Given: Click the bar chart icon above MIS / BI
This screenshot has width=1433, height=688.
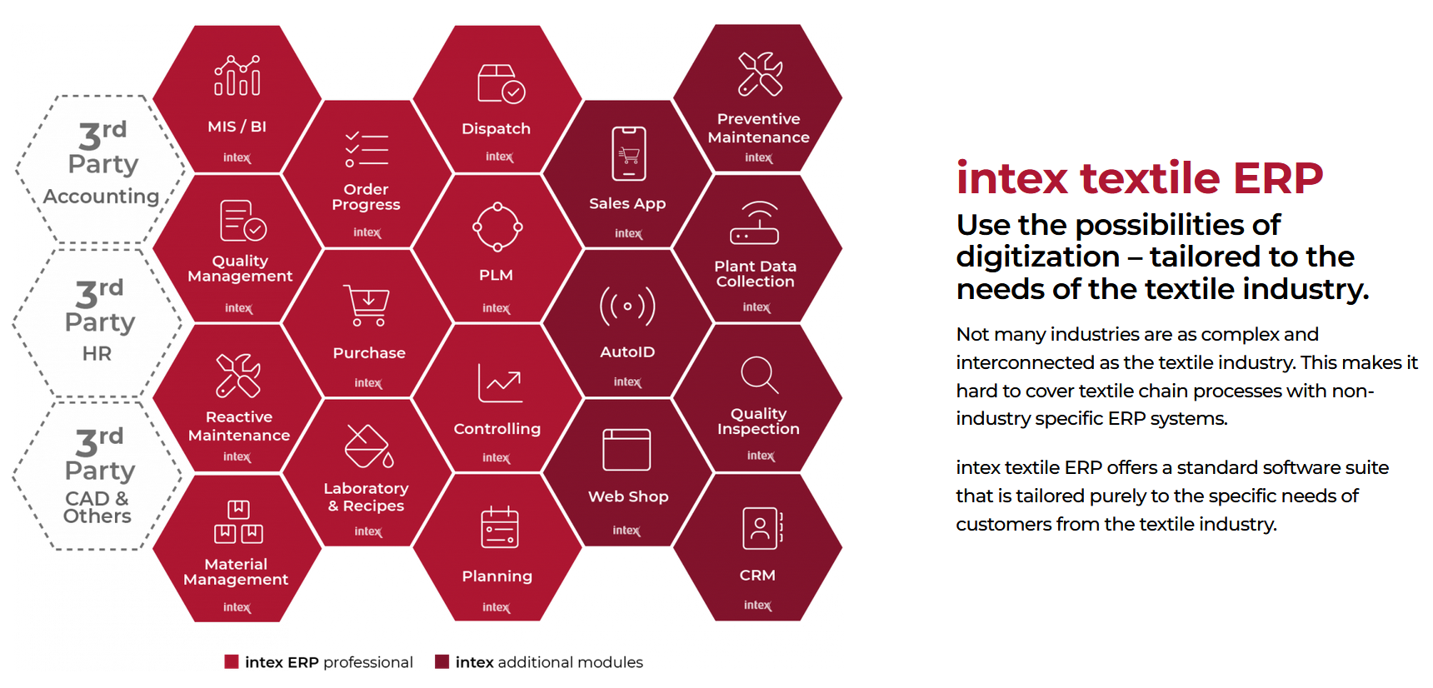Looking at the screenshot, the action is (237, 76).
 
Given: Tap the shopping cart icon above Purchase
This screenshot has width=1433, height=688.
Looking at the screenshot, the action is (368, 306).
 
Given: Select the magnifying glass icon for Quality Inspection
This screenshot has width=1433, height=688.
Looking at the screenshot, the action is (760, 375).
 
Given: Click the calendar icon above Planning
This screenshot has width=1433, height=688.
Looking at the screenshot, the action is (500, 527).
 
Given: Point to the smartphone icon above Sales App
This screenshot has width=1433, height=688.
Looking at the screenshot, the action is (629, 153).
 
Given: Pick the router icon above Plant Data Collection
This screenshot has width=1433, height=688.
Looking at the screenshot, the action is (755, 222).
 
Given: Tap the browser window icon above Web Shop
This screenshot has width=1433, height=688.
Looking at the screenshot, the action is (627, 450).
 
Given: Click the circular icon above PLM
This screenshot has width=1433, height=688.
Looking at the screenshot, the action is (497, 227).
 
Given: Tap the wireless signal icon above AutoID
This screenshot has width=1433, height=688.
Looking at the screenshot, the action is (627, 306).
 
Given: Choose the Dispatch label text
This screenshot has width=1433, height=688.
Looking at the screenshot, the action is (496, 129).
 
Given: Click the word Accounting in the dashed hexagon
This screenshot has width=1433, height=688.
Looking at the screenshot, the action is (101, 197).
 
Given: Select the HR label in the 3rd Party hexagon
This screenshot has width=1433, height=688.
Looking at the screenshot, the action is (97, 354).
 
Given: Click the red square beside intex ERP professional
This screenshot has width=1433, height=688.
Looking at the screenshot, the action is (232, 662).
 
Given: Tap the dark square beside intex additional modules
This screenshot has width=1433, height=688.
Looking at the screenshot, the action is (442, 662).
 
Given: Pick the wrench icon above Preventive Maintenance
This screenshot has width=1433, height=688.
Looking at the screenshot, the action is (760, 73).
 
